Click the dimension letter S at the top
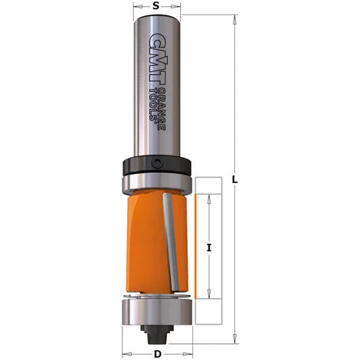[x=155, y=6]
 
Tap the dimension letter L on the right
[x=235, y=180]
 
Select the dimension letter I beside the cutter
[x=209, y=247]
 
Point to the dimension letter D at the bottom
[x=158, y=354]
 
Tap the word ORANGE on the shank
[x=162, y=110]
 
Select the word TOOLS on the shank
[x=153, y=104]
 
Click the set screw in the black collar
[x=157, y=163]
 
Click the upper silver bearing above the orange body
[x=157, y=183]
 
